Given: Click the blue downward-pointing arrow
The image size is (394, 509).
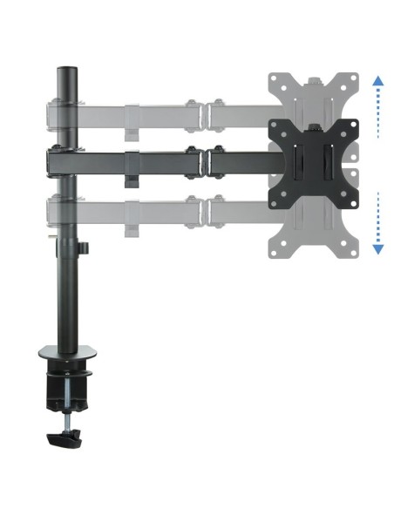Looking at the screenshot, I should (x=377, y=248).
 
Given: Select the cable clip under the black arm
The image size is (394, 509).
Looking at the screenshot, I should (x=132, y=181).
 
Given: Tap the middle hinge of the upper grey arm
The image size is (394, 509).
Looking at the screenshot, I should (x=202, y=112).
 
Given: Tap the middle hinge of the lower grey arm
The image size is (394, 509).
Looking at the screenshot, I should (x=202, y=211).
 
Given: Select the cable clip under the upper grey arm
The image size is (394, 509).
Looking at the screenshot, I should (x=132, y=132).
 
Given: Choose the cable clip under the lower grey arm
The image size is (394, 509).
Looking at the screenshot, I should (x=132, y=230).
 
